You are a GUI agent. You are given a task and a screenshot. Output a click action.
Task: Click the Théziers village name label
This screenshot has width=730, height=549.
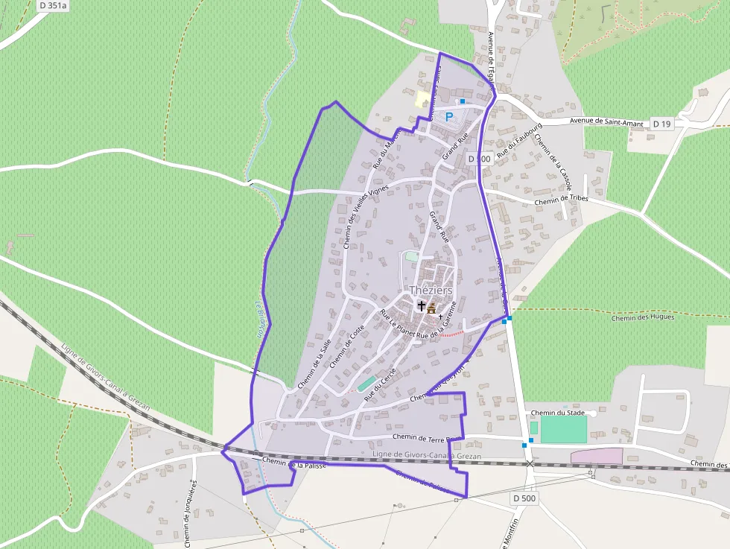click(431, 291)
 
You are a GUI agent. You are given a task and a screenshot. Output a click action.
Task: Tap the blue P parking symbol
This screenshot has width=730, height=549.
click(449, 117)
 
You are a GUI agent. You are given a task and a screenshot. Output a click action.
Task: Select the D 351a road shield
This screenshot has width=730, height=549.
click(52, 5)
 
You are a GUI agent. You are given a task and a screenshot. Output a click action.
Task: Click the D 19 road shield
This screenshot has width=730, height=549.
click(661, 123)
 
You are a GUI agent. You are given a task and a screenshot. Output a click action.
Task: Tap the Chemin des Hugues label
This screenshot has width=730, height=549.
click(643, 317)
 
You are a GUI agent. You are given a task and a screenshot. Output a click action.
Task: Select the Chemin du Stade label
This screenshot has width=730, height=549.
click(558, 412)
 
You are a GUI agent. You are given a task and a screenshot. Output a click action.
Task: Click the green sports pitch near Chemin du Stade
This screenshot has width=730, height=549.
click(563, 430)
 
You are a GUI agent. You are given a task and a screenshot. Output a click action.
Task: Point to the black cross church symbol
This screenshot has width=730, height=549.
click(422, 305)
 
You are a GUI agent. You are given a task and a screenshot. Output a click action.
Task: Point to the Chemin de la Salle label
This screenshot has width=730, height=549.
click(314, 364)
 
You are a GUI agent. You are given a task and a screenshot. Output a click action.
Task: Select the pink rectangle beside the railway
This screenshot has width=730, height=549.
click(596, 455)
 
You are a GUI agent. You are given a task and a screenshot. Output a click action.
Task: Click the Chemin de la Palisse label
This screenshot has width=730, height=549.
click(296, 464)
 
